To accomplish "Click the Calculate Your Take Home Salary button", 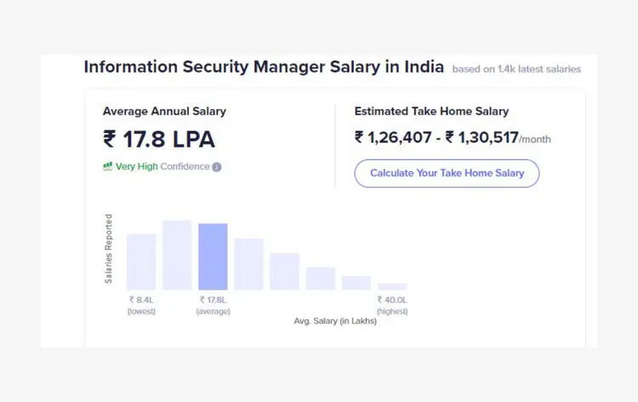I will [x=447, y=173].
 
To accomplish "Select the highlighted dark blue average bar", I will [x=213, y=256].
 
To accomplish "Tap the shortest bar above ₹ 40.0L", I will [x=392, y=286].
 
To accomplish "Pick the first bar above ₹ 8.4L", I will [x=141, y=261].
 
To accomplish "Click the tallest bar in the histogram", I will [x=177, y=255].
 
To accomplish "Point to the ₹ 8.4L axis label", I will [x=141, y=300].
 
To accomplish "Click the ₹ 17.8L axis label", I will [x=213, y=300].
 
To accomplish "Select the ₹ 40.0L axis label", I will [x=392, y=300].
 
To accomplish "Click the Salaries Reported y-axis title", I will [x=109, y=249].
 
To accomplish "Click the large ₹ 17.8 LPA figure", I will [x=158, y=139].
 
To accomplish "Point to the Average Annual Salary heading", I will [x=164, y=111].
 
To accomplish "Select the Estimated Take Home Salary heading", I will [x=431, y=111].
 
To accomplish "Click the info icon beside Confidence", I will [x=217, y=167].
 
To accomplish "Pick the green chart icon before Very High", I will [x=108, y=167].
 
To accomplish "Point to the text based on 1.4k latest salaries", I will [x=516, y=69].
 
